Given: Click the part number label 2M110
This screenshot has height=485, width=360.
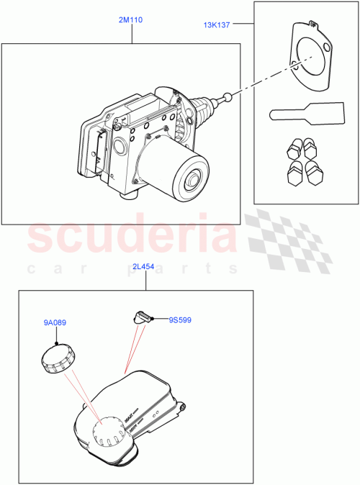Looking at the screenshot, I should (130, 21).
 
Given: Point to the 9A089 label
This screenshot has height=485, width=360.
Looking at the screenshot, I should (55, 323).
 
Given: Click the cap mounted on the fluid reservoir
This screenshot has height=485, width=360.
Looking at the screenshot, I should (108, 431).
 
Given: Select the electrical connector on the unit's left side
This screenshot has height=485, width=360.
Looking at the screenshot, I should (97, 152).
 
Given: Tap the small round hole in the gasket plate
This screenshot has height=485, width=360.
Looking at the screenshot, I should (328, 49).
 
